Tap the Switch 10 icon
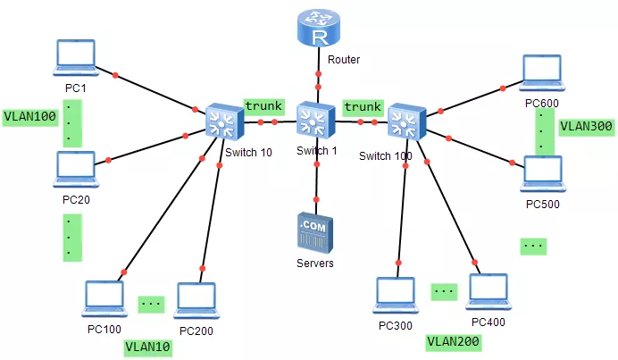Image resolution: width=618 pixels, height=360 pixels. [x=223, y=121]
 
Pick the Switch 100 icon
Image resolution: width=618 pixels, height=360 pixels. [x=406, y=121]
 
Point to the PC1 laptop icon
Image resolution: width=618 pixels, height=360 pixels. [x=75, y=60]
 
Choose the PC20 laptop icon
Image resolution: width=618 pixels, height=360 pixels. [x=75, y=170]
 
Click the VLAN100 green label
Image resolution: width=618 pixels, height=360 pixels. [x=29, y=116]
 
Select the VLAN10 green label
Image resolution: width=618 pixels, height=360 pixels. [x=148, y=347]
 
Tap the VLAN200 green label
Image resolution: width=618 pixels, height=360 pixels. [x=453, y=341]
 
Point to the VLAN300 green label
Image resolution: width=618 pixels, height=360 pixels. [x=586, y=126]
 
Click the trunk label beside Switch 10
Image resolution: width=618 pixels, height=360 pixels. [x=263, y=105]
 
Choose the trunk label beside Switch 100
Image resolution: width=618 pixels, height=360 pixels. [x=363, y=106]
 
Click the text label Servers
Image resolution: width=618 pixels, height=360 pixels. [x=314, y=264]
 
